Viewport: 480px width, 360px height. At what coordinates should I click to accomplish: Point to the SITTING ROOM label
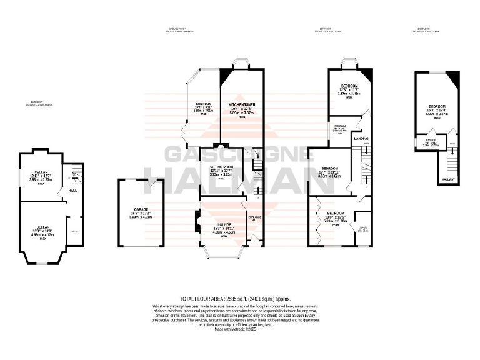point(224,167)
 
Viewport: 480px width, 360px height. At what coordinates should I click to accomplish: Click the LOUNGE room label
point(224,224)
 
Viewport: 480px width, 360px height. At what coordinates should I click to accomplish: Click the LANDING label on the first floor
point(361,138)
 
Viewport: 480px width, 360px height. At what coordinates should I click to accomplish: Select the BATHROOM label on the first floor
point(340,126)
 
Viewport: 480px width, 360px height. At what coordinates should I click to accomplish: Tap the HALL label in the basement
point(72,191)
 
